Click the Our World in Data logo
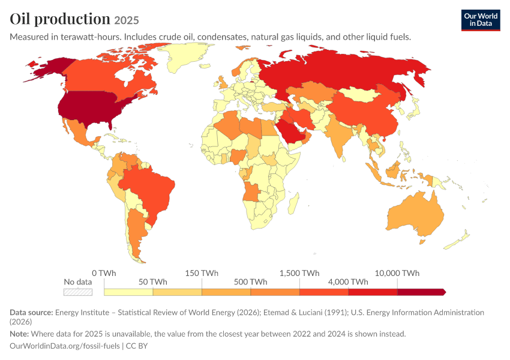click(x=481, y=20)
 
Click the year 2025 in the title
click(x=127, y=20)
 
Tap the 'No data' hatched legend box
click(x=78, y=292)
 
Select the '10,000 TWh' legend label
click(x=397, y=273)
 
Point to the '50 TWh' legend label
click(x=153, y=282)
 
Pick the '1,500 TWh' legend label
click(x=299, y=273)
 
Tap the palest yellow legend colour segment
click(x=128, y=292)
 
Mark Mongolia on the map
click(x=361, y=94)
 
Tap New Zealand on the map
click(x=458, y=240)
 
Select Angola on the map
click(x=251, y=193)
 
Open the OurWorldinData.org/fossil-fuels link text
click(x=65, y=346)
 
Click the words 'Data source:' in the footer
click(x=31, y=313)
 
